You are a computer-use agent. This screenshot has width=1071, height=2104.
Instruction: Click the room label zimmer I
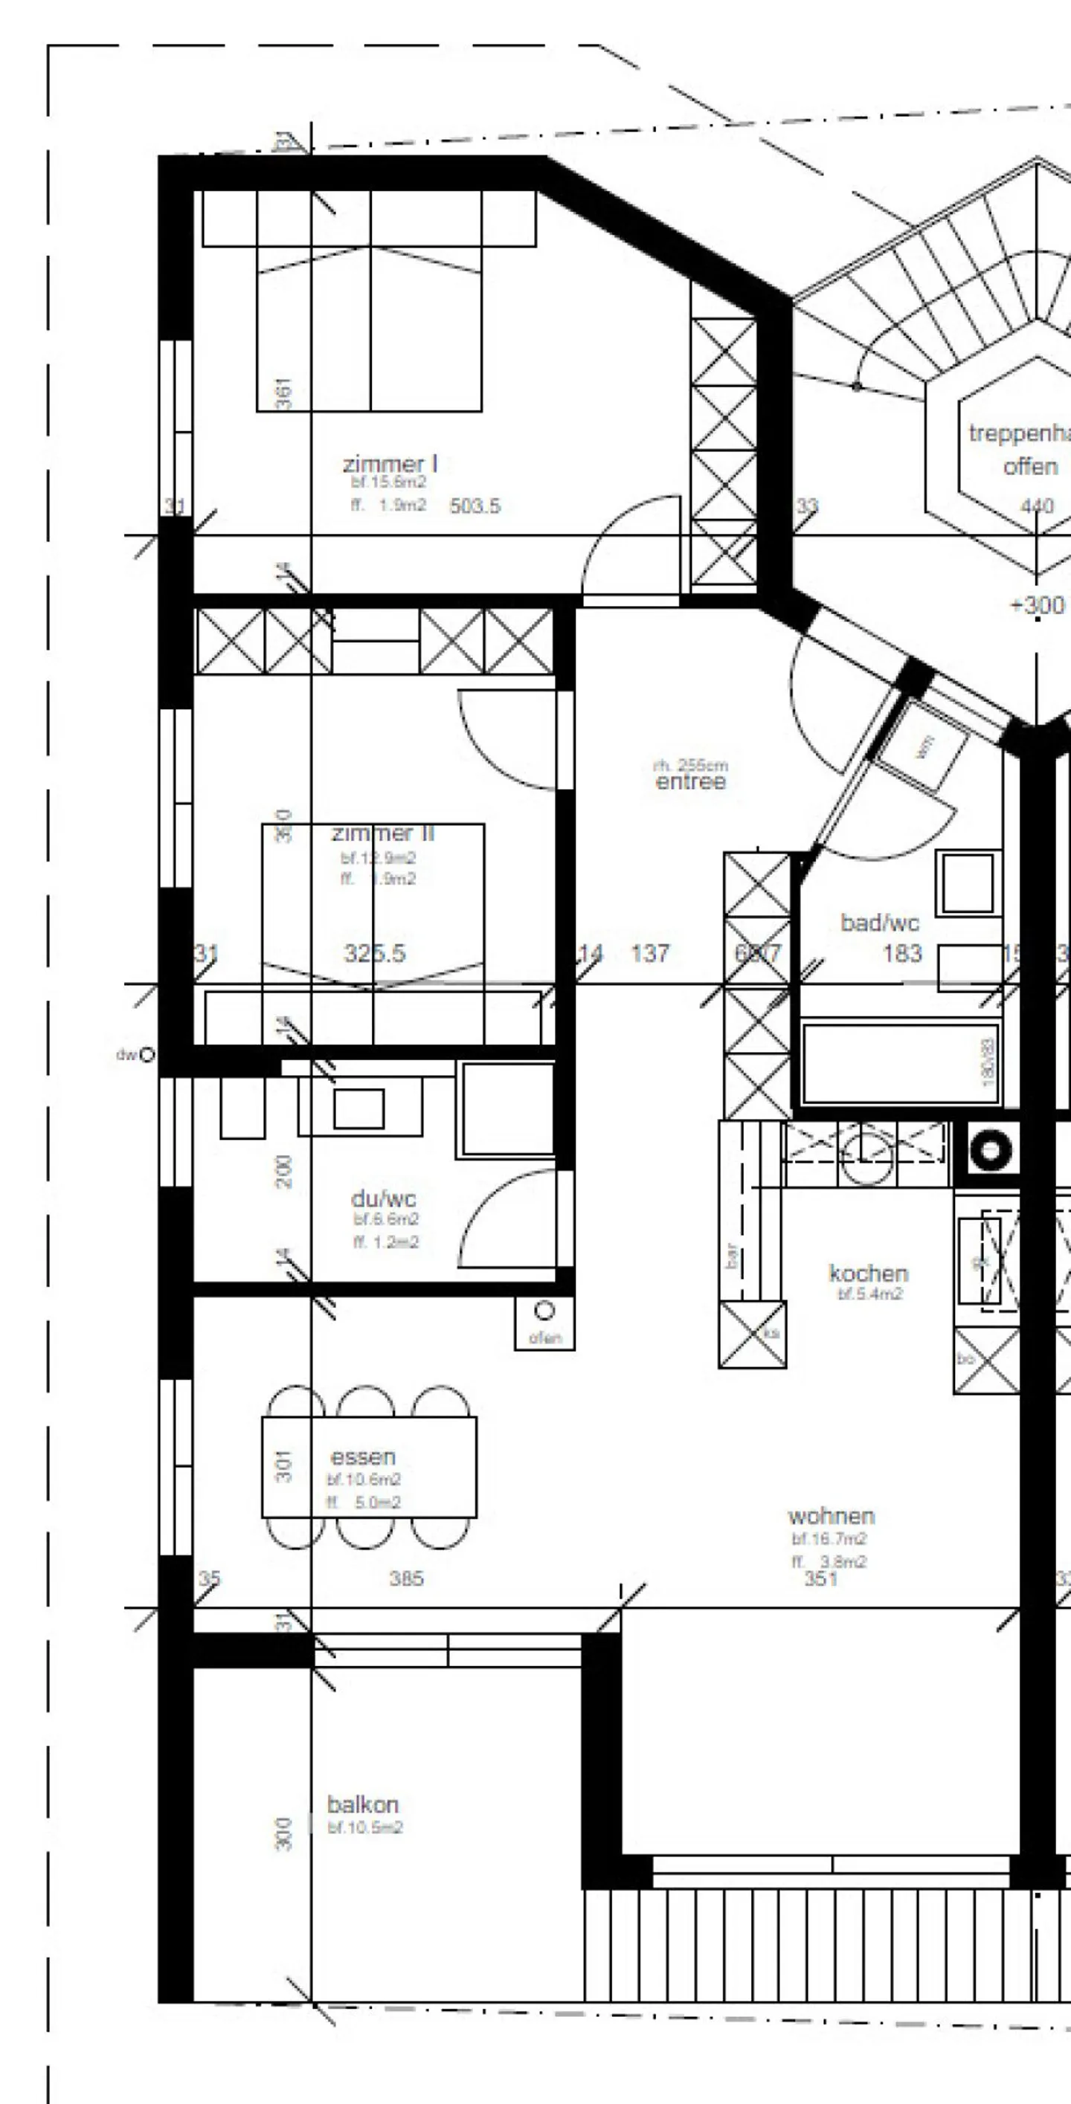click(390, 464)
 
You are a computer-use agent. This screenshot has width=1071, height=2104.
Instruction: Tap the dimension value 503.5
click(475, 506)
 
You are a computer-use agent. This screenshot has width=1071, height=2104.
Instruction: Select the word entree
click(690, 782)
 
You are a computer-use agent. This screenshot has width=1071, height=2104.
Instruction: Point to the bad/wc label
click(880, 923)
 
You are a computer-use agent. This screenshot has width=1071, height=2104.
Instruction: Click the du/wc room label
click(383, 1198)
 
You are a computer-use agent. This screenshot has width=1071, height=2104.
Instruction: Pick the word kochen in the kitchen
click(869, 1274)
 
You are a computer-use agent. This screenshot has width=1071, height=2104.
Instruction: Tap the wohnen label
click(831, 1516)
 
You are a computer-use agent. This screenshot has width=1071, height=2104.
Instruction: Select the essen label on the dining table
click(363, 1456)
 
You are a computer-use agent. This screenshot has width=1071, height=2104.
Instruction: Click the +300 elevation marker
click(1037, 605)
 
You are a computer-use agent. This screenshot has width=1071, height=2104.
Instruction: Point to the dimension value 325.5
click(374, 953)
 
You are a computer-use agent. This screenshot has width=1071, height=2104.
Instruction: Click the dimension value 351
click(821, 1579)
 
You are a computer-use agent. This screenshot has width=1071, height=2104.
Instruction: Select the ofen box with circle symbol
click(544, 1323)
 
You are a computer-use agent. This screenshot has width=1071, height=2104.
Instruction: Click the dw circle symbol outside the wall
click(147, 1054)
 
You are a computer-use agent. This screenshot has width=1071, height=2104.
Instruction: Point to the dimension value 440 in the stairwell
click(1037, 506)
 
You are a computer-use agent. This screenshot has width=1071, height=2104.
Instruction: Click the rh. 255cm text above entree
click(690, 765)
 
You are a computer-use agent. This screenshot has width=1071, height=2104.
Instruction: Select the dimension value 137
click(650, 953)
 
